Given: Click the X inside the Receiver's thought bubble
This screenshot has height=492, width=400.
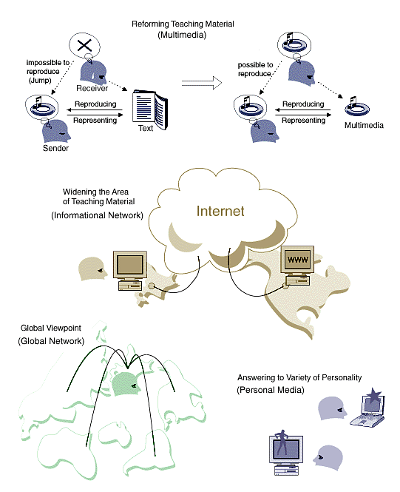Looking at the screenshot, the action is click(84, 45).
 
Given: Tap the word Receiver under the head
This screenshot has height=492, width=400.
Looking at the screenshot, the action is click(92, 88).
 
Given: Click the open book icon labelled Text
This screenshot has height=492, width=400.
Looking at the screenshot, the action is click(150, 109).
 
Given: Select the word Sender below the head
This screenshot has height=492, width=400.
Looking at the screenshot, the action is click(55, 148).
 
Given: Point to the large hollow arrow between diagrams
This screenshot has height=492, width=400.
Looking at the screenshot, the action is click(202, 83).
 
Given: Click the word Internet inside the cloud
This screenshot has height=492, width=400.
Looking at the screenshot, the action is click(220, 211).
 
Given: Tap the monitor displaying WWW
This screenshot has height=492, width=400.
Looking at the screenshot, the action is click(297, 260).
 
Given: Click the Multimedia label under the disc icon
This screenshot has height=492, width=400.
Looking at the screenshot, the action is click(364, 126).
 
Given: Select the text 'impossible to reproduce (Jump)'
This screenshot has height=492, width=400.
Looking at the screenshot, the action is click(44, 72).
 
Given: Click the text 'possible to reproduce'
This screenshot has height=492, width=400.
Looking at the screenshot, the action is click(255, 69).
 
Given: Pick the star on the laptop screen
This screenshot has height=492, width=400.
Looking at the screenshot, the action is click(375, 395).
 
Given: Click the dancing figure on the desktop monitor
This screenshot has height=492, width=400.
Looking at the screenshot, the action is click(283, 442).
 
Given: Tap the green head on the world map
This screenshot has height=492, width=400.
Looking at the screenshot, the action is click(126, 384).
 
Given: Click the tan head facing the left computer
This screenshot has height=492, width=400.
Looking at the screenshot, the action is click(92, 269).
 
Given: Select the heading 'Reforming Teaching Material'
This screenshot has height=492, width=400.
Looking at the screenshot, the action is click(183, 24).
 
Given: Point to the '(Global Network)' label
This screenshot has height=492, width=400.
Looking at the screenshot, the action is click(51, 341).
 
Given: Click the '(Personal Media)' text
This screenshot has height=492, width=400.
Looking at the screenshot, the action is click(270, 390).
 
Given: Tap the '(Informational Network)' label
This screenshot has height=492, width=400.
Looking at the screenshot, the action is click(97, 215).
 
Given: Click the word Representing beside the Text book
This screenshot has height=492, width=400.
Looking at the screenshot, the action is click(95, 121).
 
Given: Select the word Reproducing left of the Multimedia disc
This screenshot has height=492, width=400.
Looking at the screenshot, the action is click(303, 104).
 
